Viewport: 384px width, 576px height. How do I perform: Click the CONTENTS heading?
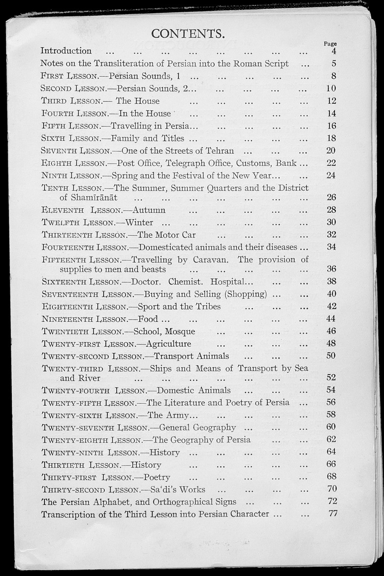pos(188,33)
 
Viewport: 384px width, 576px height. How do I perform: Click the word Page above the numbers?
pos(330,44)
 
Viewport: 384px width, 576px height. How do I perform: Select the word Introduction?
pos(66,51)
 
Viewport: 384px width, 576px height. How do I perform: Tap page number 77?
pos(333,514)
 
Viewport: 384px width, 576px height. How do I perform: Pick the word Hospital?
pos(228,282)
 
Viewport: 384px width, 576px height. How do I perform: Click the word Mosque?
pos(180,331)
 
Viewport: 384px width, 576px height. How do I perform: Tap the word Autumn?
pos(149,210)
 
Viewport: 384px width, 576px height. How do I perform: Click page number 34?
pos(331,247)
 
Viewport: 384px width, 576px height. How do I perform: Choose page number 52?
pos(331,378)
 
